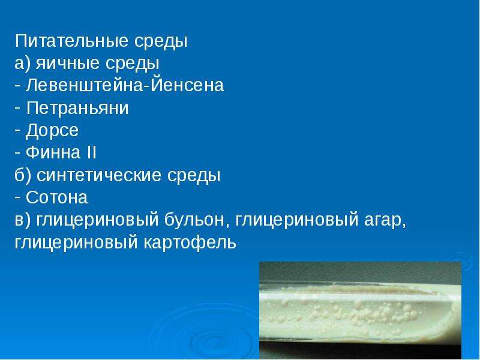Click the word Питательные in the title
(71, 41)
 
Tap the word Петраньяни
(77, 108)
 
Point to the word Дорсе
(52, 130)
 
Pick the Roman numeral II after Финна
(92, 152)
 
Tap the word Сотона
(56, 197)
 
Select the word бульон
(194, 220)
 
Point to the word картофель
(190, 243)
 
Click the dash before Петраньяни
(17, 109)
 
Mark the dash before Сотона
(17, 198)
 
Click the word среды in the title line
(160, 41)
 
